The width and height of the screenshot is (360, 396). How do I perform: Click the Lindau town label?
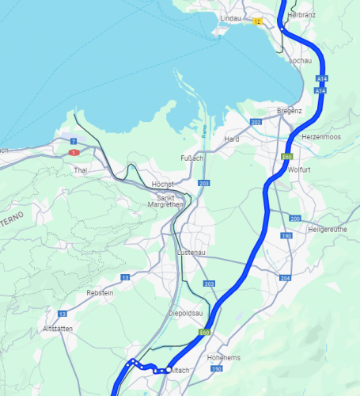point(229,17)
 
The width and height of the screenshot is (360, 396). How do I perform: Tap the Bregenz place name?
point(290,110)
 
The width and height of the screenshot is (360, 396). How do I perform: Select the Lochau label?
point(301,60)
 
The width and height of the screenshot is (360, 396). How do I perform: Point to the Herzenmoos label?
point(320,136)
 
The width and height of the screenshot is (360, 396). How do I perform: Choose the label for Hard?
point(232,139)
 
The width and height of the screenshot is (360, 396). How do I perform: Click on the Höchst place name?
point(162,184)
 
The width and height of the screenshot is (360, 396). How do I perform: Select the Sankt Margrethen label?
point(170,201)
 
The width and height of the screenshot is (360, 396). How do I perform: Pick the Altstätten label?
point(59,328)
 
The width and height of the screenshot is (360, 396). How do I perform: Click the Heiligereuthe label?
point(328,229)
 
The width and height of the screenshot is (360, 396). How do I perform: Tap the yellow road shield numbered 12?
point(256,21)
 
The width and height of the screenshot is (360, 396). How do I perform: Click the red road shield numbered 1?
point(74,152)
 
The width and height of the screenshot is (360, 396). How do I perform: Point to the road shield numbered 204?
point(285,278)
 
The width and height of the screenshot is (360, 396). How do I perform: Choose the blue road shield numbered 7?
point(73,140)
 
